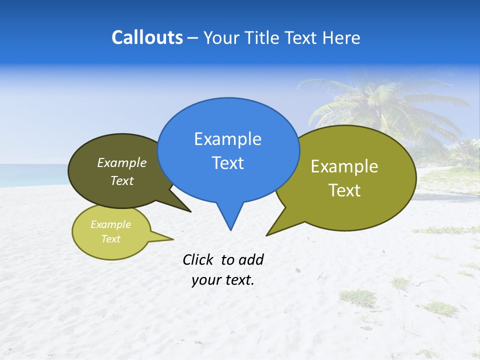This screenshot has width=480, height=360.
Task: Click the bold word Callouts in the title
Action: click(x=147, y=37)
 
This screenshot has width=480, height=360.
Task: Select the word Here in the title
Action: click(x=341, y=38)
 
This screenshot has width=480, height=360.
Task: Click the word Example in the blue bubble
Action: click(x=227, y=139)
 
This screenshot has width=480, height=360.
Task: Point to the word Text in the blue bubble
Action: click(x=227, y=163)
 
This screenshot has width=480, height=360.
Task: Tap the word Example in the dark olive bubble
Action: click(x=122, y=163)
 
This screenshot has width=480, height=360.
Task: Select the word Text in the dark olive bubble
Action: click(x=122, y=181)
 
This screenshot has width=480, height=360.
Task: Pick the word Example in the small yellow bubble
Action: click(x=110, y=224)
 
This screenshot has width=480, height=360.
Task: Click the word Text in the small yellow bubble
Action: click(x=110, y=239)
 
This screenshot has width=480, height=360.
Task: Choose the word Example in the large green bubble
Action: click(x=344, y=166)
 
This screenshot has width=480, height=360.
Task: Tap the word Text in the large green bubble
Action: click(x=345, y=190)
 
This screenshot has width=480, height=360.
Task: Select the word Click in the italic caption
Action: click(x=198, y=259)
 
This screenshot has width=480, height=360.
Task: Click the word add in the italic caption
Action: click(x=251, y=259)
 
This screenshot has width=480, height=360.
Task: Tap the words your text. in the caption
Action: click(x=223, y=280)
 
